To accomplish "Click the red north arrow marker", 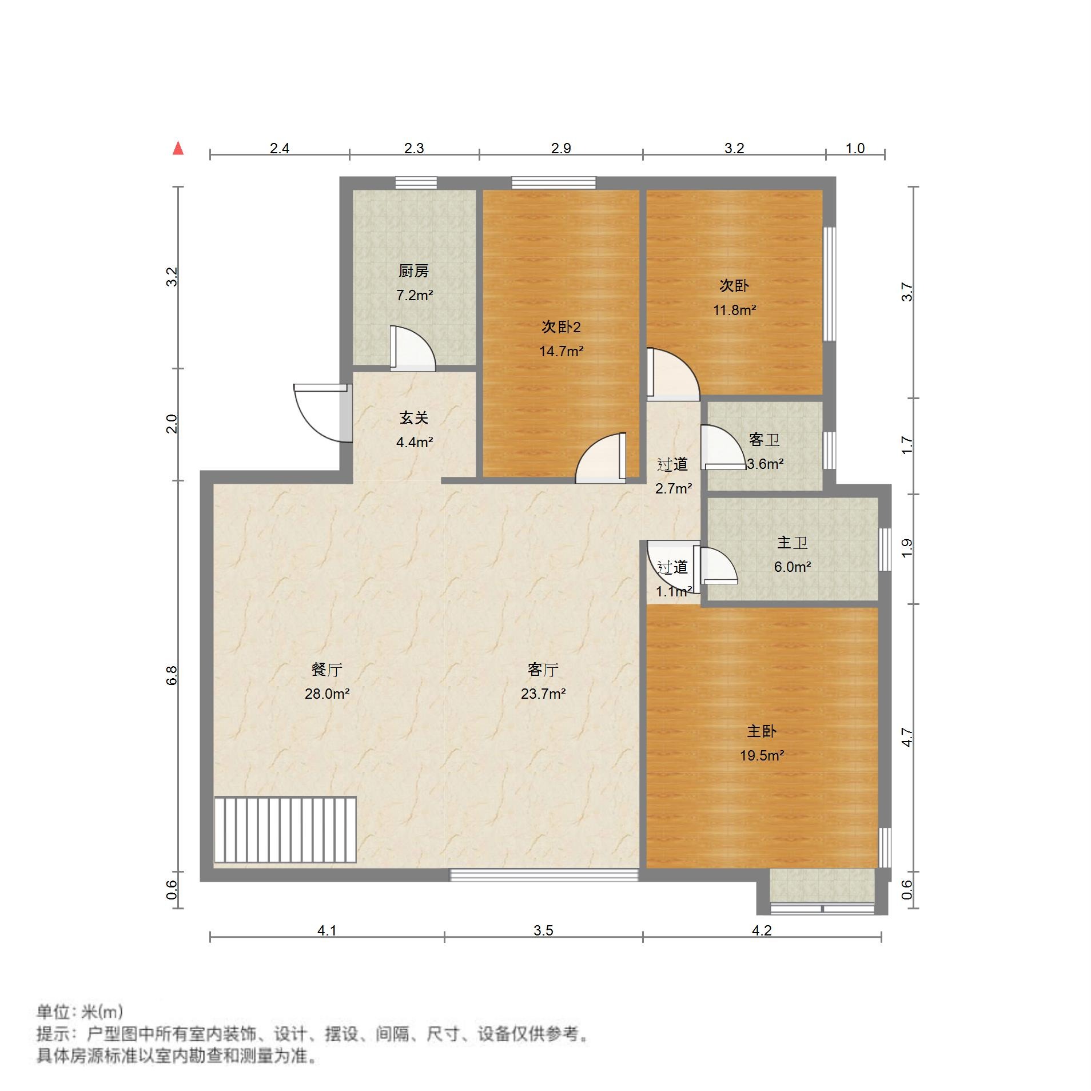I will [178, 149].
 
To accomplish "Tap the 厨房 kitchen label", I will [413, 270].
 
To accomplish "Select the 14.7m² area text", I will [561, 351].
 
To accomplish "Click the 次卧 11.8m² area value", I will [734, 310].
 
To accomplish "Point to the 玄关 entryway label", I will [413, 417].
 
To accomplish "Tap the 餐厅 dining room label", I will [326, 669].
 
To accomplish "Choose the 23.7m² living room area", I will [543, 694].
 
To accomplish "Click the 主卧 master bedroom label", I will [762, 731].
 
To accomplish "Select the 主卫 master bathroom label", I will [792, 542].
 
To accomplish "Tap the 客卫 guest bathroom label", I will [764, 439].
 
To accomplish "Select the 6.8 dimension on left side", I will [172, 675].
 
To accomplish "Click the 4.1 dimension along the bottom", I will [326, 930].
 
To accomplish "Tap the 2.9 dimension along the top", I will [561, 149].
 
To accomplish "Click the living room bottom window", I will [544, 875].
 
